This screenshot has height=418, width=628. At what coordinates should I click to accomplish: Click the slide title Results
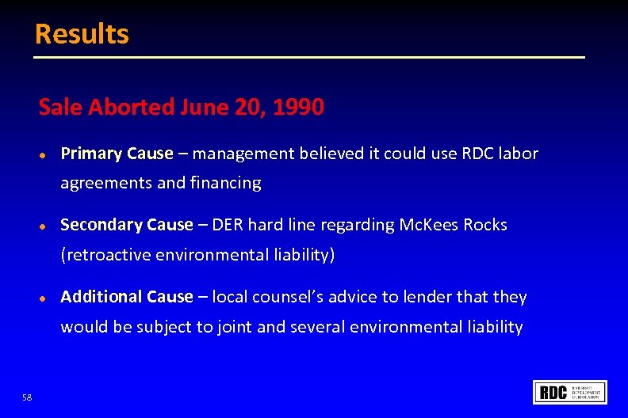pyautogui.click(x=82, y=34)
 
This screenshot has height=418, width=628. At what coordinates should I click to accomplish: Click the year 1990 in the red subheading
pyautogui.click(x=297, y=108)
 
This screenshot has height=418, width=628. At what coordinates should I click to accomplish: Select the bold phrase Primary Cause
pyautogui.click(x=117, y=154)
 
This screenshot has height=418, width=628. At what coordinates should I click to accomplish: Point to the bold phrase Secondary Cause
pyautogui.click(x=127, y=225)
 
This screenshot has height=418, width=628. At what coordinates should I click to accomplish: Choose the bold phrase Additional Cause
pyautogui.click(x=127, y=297)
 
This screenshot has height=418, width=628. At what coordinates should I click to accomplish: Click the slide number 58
pyautogui.click(x=28, y=397)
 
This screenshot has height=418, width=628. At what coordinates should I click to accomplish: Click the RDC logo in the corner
pyautogui.click(x=571, y=393)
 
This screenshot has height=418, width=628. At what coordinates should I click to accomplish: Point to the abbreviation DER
pyautogui.click(x=228, y=225)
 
